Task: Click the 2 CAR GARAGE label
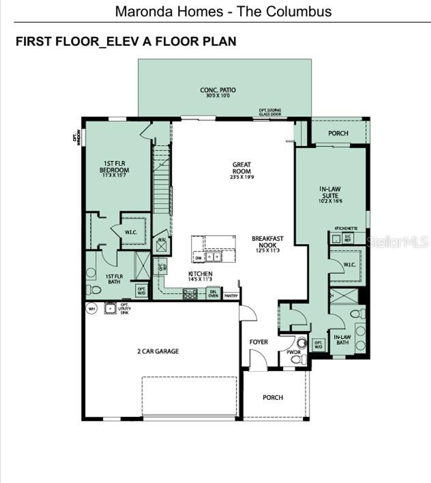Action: coord(158,351)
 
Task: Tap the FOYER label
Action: coord(258,342)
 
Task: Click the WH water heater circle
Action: coord(91,308)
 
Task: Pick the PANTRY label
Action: coord(231,295)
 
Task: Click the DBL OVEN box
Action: coord(212,294)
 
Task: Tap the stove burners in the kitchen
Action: coord(190,294)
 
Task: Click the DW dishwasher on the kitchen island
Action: coord(198,259)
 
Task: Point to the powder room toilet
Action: coord(299,343)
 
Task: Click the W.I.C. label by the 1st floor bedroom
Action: coord(131,233)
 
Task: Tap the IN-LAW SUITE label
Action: coord(330,193)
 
